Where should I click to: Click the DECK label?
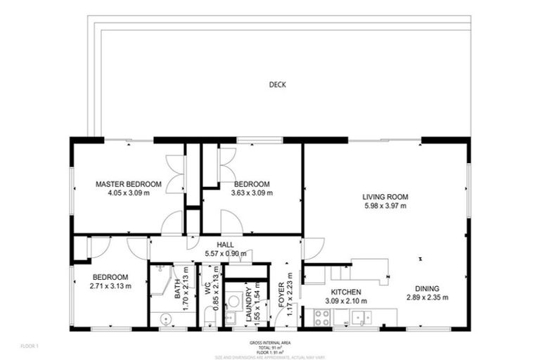pyautogui.click(x=277, y=85)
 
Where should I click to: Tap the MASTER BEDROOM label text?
pyautogui.click(x=129, y=184)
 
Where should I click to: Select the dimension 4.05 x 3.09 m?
pyautogui.click(x=129, y=193)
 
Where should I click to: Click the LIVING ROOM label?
pyautogui.click(x=385, y=197)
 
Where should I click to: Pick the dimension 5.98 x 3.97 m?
pyautogui.click(x=385, y=206)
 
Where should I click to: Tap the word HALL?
pyautogui.click(x=225, y=245)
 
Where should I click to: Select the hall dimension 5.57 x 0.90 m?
pyautogui.click(x=225, y=253)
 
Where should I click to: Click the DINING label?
pyautogui.click(x=427, y=288)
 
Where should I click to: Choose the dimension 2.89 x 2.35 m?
pyautogui.click(x=427, y=297)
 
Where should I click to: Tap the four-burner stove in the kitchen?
pyautogui.click(x=322, y=318)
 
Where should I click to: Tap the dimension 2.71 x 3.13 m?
pyautogui.click(x=110, y=285)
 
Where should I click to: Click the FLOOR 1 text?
pyautogui.click(x=29, y=346)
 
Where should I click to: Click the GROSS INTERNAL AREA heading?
pyautogui.click(x=270, y=342)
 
